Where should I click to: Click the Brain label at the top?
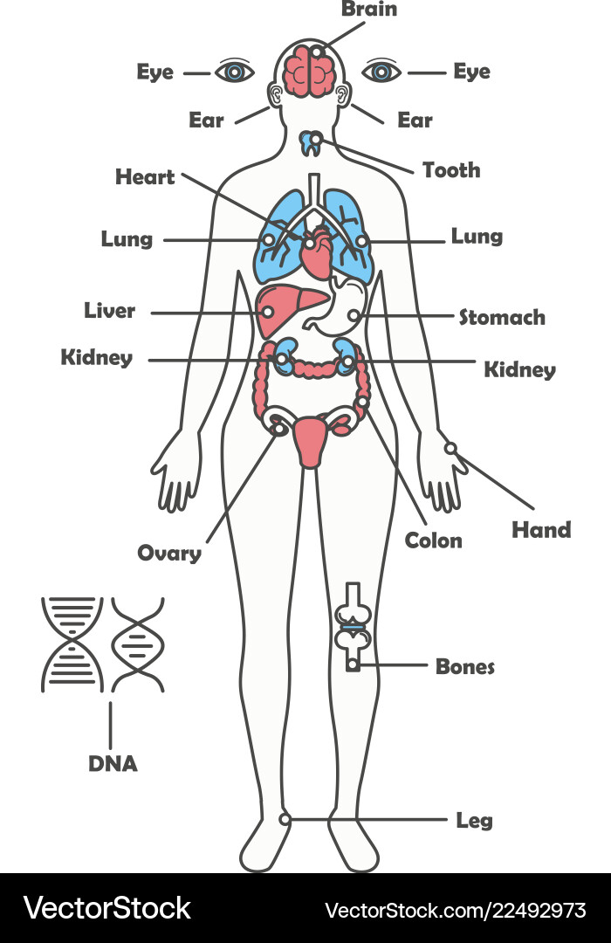coord(369,9)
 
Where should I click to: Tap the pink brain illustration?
coord(309,70)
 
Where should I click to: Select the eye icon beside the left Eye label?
coord(235,72)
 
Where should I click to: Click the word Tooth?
coord(451,170)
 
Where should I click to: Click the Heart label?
coord(145,176)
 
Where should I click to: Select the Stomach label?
coord(502,317)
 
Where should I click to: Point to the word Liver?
coord(109,310)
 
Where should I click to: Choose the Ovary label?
coord(169,554)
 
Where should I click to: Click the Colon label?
coord(433,540)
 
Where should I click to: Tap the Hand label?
coord(541,530)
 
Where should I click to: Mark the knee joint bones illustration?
coord(353,627)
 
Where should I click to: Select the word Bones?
coord(465,666)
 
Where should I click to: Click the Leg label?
coord(474,820)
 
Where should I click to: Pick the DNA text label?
coord(113,764)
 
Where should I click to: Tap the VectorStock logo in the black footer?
coord(106,908)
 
